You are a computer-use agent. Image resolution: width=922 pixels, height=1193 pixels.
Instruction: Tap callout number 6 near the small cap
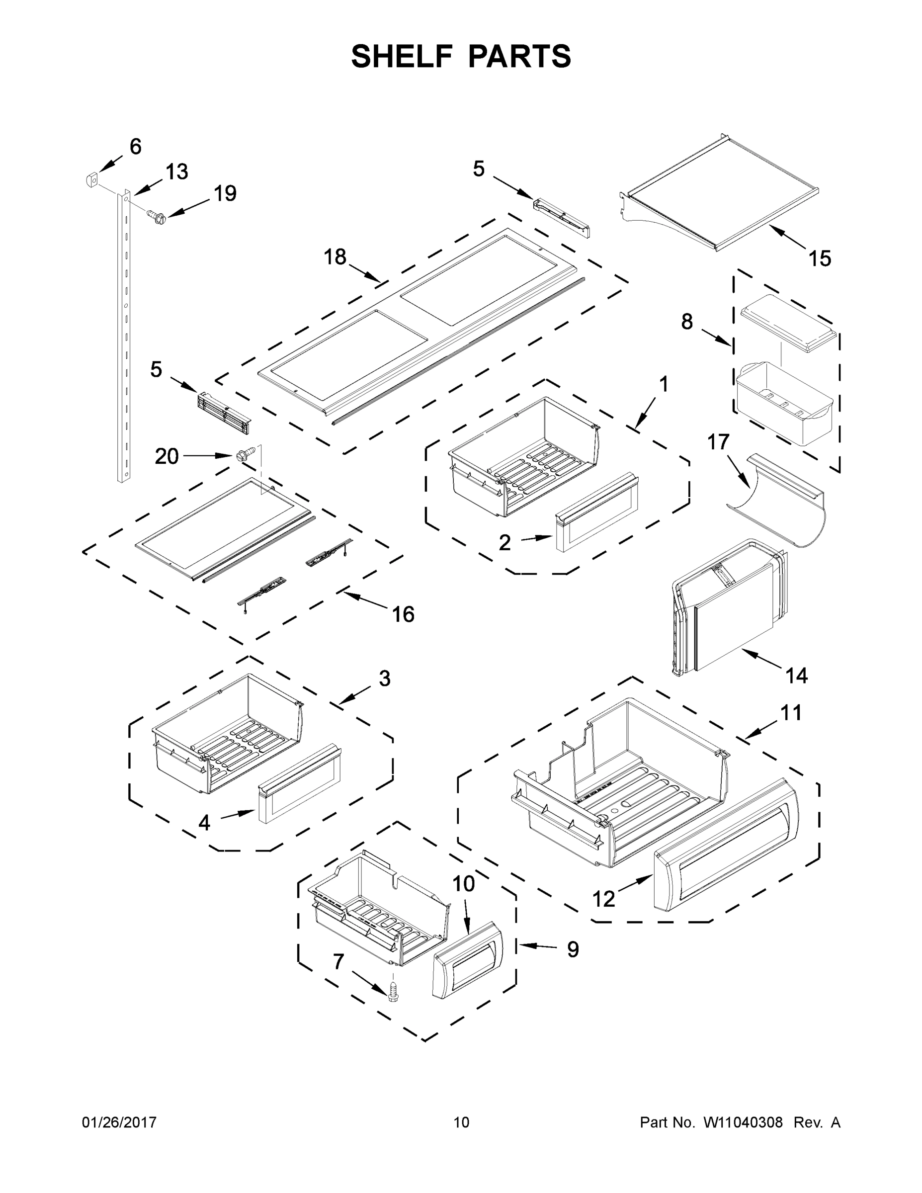pyautogui.click(x=136, y=147)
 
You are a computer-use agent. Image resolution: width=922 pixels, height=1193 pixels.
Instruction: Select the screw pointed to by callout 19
pyautogui.click(x=157, y=217)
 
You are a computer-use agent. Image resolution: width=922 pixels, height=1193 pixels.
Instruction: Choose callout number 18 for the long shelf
pyautogui.click(x=335, y=256)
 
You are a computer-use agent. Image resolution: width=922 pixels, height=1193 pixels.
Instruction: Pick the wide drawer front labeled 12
pyautogui.click(x=727, y=846)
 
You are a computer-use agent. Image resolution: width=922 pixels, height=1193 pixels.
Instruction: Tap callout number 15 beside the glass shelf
pyautogui.click(x=820, y=258)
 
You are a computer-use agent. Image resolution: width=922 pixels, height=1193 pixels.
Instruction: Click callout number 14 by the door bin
pyautogui.click(x=796, y=676)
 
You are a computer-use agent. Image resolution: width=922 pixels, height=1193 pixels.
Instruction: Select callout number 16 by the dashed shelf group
pyautogui.click(x=403, y=614)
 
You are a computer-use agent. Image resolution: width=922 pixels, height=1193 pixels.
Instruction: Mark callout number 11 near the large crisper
pyautogui.click(x=790, y=712)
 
